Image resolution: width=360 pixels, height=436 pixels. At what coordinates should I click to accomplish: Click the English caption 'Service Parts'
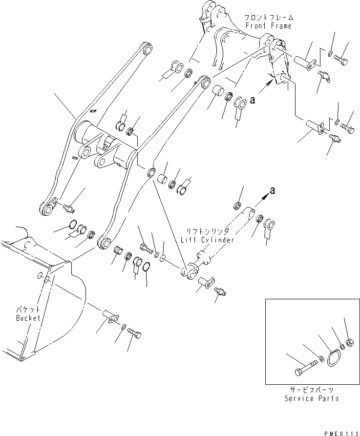pos(312,398)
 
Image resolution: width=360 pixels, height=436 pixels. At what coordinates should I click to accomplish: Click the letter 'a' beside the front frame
pos(253,101)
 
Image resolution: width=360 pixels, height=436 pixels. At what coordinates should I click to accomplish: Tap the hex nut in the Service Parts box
pos(350,343)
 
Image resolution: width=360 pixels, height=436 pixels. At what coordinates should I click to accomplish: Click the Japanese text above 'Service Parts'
pos(312,391)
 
